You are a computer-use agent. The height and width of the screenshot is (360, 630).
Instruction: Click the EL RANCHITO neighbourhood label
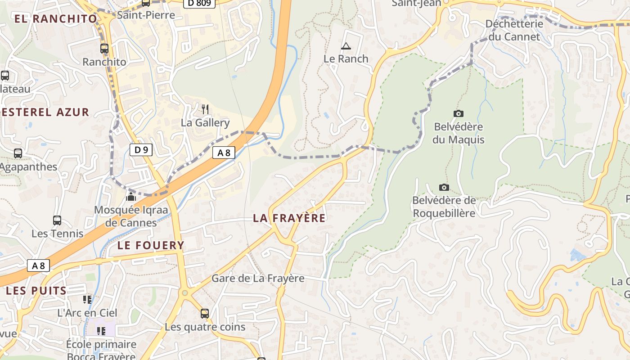56,19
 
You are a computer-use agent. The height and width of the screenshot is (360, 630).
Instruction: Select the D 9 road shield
141,150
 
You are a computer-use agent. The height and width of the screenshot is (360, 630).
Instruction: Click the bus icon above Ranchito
104,49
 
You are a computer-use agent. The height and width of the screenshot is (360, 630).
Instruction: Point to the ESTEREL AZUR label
45,112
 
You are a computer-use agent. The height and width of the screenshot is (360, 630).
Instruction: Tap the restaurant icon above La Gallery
205,109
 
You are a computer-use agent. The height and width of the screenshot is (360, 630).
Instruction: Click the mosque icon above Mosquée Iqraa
131,196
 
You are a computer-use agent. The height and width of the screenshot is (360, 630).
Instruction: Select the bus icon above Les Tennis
57,220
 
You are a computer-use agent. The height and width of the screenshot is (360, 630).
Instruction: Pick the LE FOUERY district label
151,245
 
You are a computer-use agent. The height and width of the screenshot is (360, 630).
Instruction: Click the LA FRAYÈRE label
289,218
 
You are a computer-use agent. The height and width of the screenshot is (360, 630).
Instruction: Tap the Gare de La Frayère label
258,278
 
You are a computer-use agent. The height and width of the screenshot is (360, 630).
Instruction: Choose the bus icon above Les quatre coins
205,313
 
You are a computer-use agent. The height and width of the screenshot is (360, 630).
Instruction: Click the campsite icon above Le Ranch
346,46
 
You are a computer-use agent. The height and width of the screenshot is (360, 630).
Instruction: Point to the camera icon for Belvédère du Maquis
459,114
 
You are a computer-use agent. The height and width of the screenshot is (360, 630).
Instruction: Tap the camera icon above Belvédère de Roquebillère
444,187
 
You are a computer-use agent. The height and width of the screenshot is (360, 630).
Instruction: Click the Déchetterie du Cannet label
514,30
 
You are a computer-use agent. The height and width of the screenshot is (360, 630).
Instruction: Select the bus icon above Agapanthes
18,153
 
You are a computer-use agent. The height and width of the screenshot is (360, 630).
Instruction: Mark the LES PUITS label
36,291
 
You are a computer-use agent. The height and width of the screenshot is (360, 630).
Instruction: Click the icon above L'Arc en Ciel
87,299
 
